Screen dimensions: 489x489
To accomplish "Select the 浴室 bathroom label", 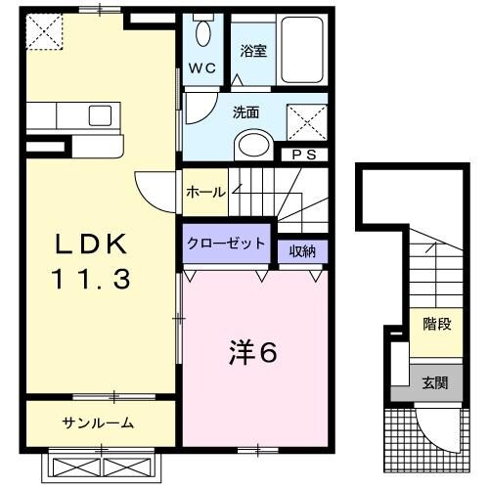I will click(x=253, y=51).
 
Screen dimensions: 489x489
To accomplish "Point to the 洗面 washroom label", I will click(x=245, y=111).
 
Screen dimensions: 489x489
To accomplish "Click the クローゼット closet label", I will click(x=226, y=244).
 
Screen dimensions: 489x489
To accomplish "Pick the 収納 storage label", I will click(x=302, y=250).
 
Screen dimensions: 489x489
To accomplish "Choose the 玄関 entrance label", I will click(x=435, y=382).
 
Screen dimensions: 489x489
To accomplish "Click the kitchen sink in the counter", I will click(x=101, y=116).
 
